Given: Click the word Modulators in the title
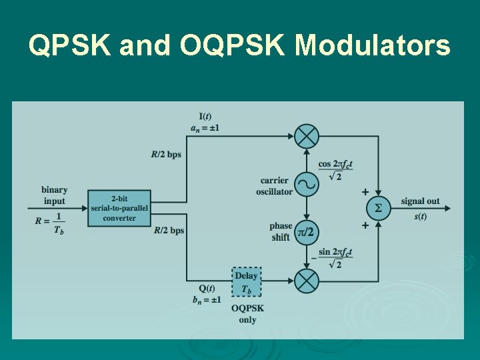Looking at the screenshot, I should point(373,46).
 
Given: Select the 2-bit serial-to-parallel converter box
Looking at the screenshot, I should point(120,208).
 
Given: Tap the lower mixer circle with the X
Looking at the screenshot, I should point(307,281).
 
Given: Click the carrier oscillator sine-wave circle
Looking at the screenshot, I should point(307,183).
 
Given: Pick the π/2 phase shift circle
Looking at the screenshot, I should point(307,231).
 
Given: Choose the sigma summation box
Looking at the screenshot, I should point(379,209).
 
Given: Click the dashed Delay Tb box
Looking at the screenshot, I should point(246,282).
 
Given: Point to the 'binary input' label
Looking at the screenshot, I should point(54,195).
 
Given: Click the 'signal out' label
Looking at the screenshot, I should point(420,201).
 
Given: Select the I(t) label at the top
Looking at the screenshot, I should point(205,117).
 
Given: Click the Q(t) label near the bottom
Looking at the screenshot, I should point(206,288).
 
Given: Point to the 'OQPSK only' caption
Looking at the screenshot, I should point(247,314).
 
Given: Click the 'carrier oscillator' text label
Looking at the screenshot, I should point(274,186).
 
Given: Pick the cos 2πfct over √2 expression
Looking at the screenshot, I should point(335,170).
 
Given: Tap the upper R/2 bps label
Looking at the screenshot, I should point(166,155).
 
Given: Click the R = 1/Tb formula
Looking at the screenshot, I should point(51,222).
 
